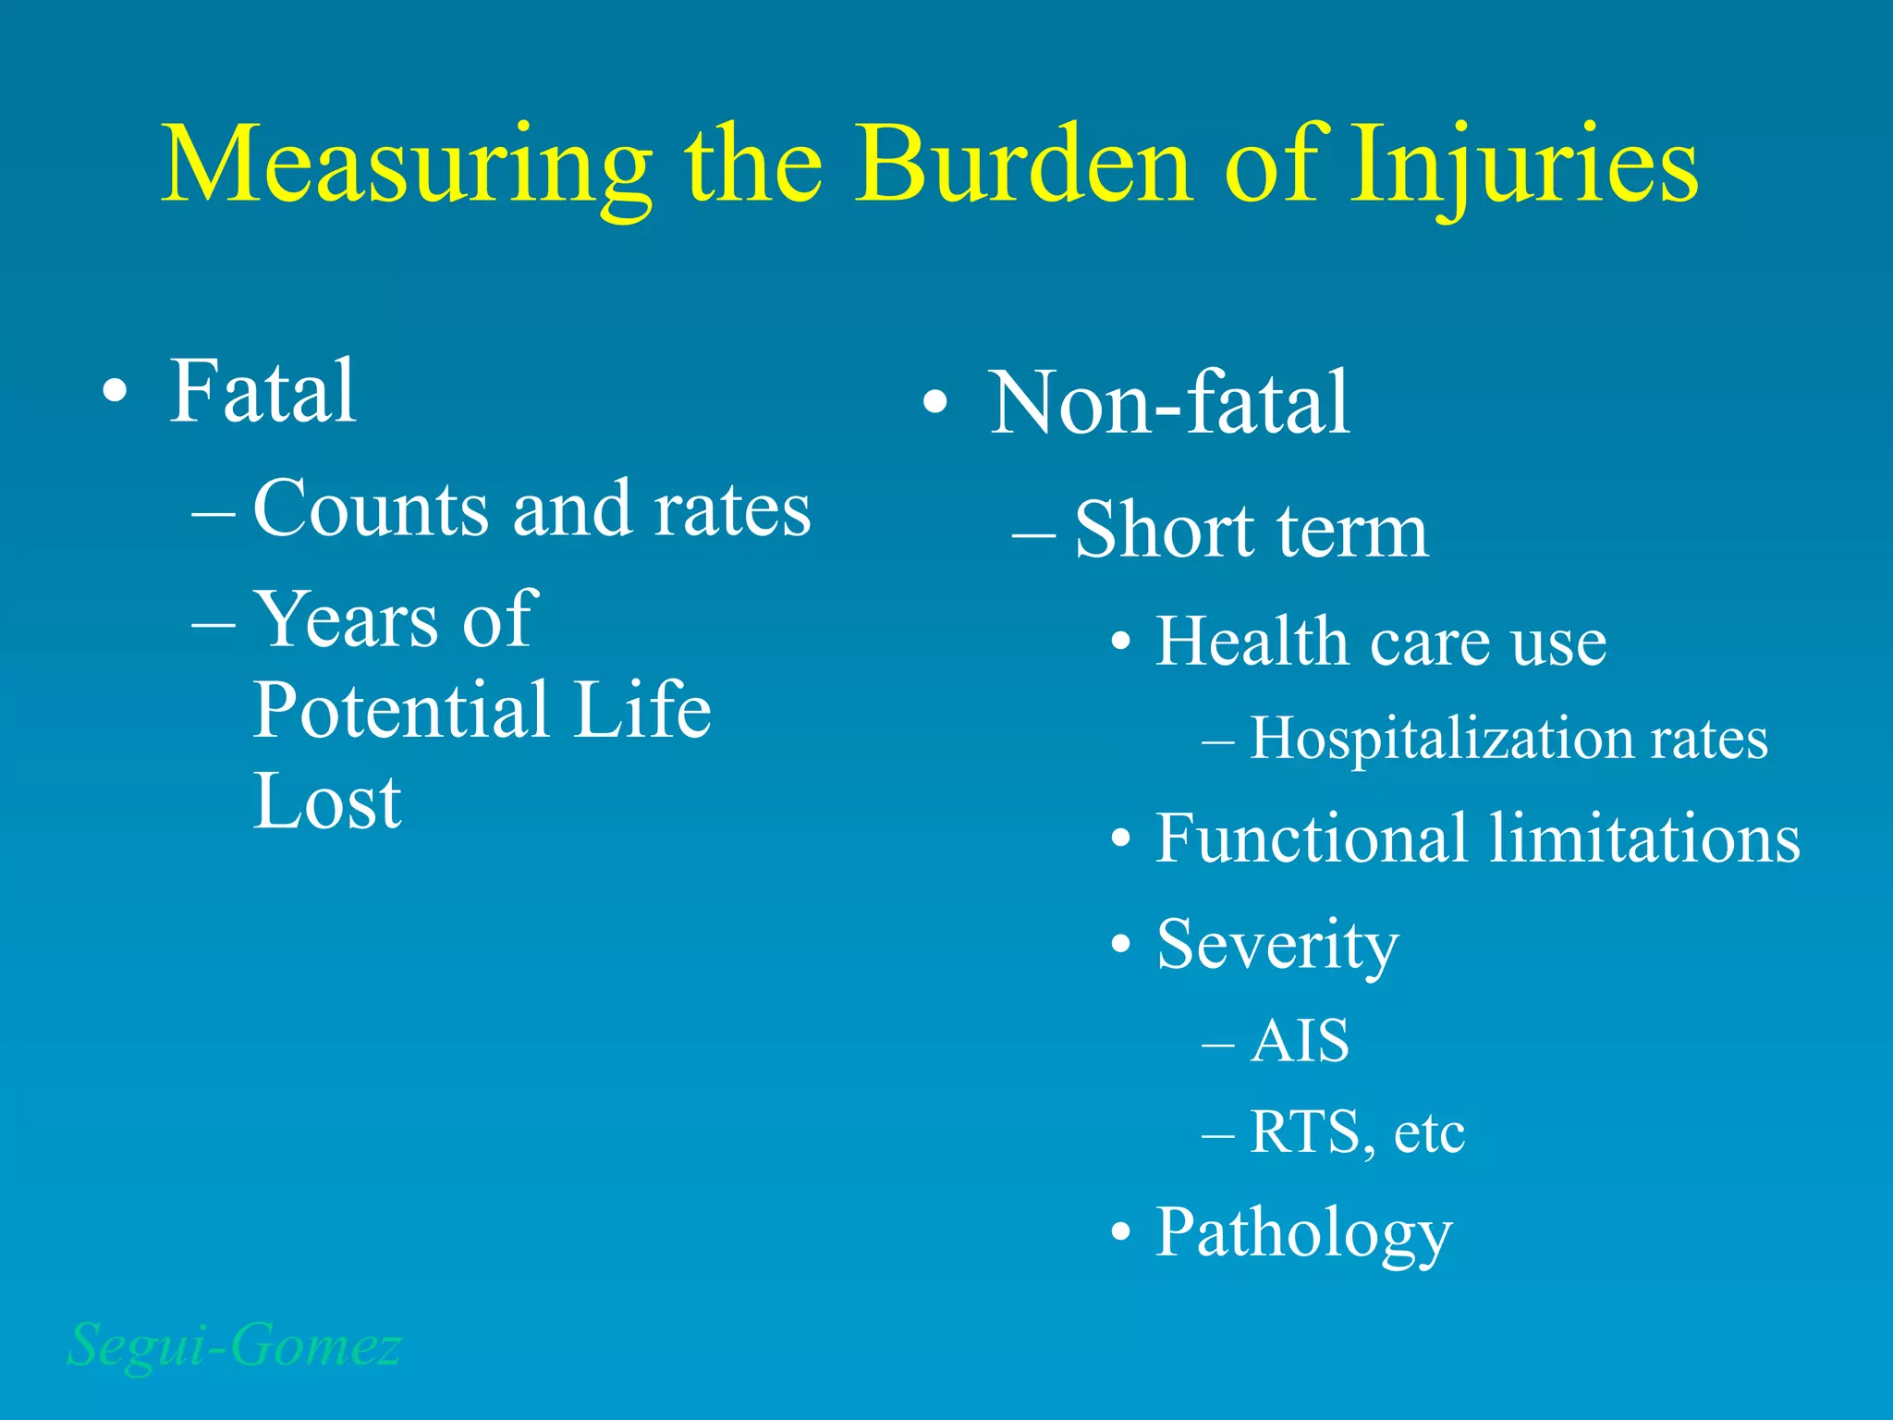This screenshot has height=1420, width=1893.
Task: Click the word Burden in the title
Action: [x=1024, y=166]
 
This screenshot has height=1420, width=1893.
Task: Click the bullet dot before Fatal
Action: [x=115, y=392]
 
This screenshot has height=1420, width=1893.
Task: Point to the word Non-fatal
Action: [x=1169, y=403]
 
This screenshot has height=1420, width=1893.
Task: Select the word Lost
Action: [x=327, y=802]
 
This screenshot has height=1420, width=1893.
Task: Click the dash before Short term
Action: [x=1033, y=535]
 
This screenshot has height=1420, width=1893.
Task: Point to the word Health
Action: [x=1252, y=641]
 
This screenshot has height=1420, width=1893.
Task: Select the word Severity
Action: [x=1277, y=945]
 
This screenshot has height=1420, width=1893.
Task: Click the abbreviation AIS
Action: [x=1300, y=1041]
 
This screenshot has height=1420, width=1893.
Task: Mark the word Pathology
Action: [x=1303, y=1233]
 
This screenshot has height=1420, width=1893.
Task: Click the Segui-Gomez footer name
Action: [x=235, y=1345]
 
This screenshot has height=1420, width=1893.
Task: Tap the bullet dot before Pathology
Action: [x=1121, y=1232]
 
